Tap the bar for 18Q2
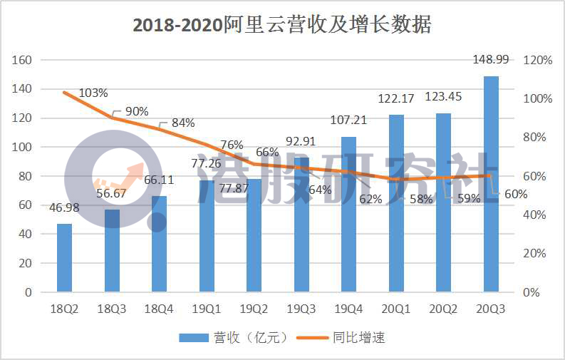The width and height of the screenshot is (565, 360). click(65, 257)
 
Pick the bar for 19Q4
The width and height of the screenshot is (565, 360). click(349, 214)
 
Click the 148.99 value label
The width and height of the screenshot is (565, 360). click(492, 60)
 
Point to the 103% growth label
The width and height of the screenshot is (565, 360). click(93, 93)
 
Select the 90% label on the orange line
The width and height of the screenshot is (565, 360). click(137, 111)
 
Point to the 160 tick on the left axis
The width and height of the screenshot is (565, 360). click(22, 60)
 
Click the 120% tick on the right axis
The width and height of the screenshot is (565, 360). click(538, 61)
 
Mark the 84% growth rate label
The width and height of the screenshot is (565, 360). click(183, 123)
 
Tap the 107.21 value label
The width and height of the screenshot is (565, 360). click(349, 120)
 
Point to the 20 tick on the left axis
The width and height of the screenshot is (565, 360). click(26, 263)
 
